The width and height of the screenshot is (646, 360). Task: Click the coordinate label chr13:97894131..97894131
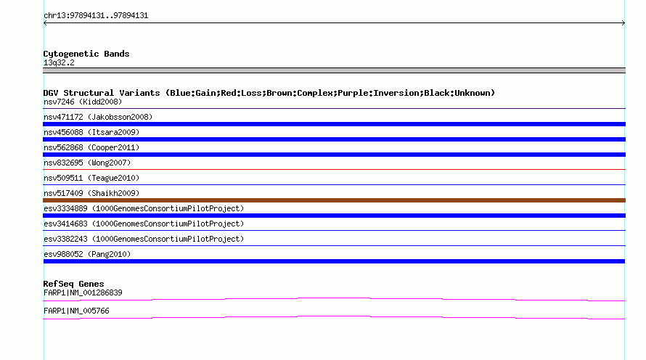tap(96, 15)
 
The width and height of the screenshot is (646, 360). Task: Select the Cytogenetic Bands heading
tap(86, 54)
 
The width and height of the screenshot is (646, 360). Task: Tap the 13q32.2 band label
tap(59, 62)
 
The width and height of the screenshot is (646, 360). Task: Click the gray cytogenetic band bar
tap(334, 70)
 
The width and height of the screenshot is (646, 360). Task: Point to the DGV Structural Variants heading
tap(269, 93)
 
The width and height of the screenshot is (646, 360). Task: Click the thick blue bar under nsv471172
tap(334, 124)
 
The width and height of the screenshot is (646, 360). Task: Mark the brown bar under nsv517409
tap(334, 200)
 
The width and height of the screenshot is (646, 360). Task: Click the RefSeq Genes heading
tap(73, 284)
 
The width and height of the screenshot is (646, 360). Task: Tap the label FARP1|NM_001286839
tap(83, 292)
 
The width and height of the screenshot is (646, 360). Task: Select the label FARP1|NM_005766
tap(76, 311)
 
